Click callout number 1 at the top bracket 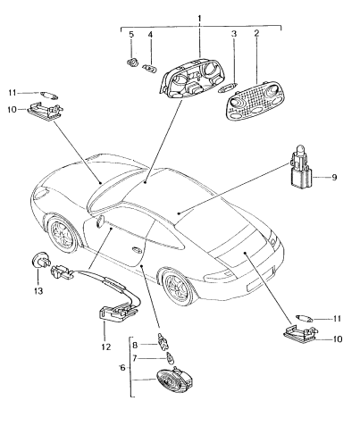(200, 18)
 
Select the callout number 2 (256, 36)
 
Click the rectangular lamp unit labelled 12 (113, 314)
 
